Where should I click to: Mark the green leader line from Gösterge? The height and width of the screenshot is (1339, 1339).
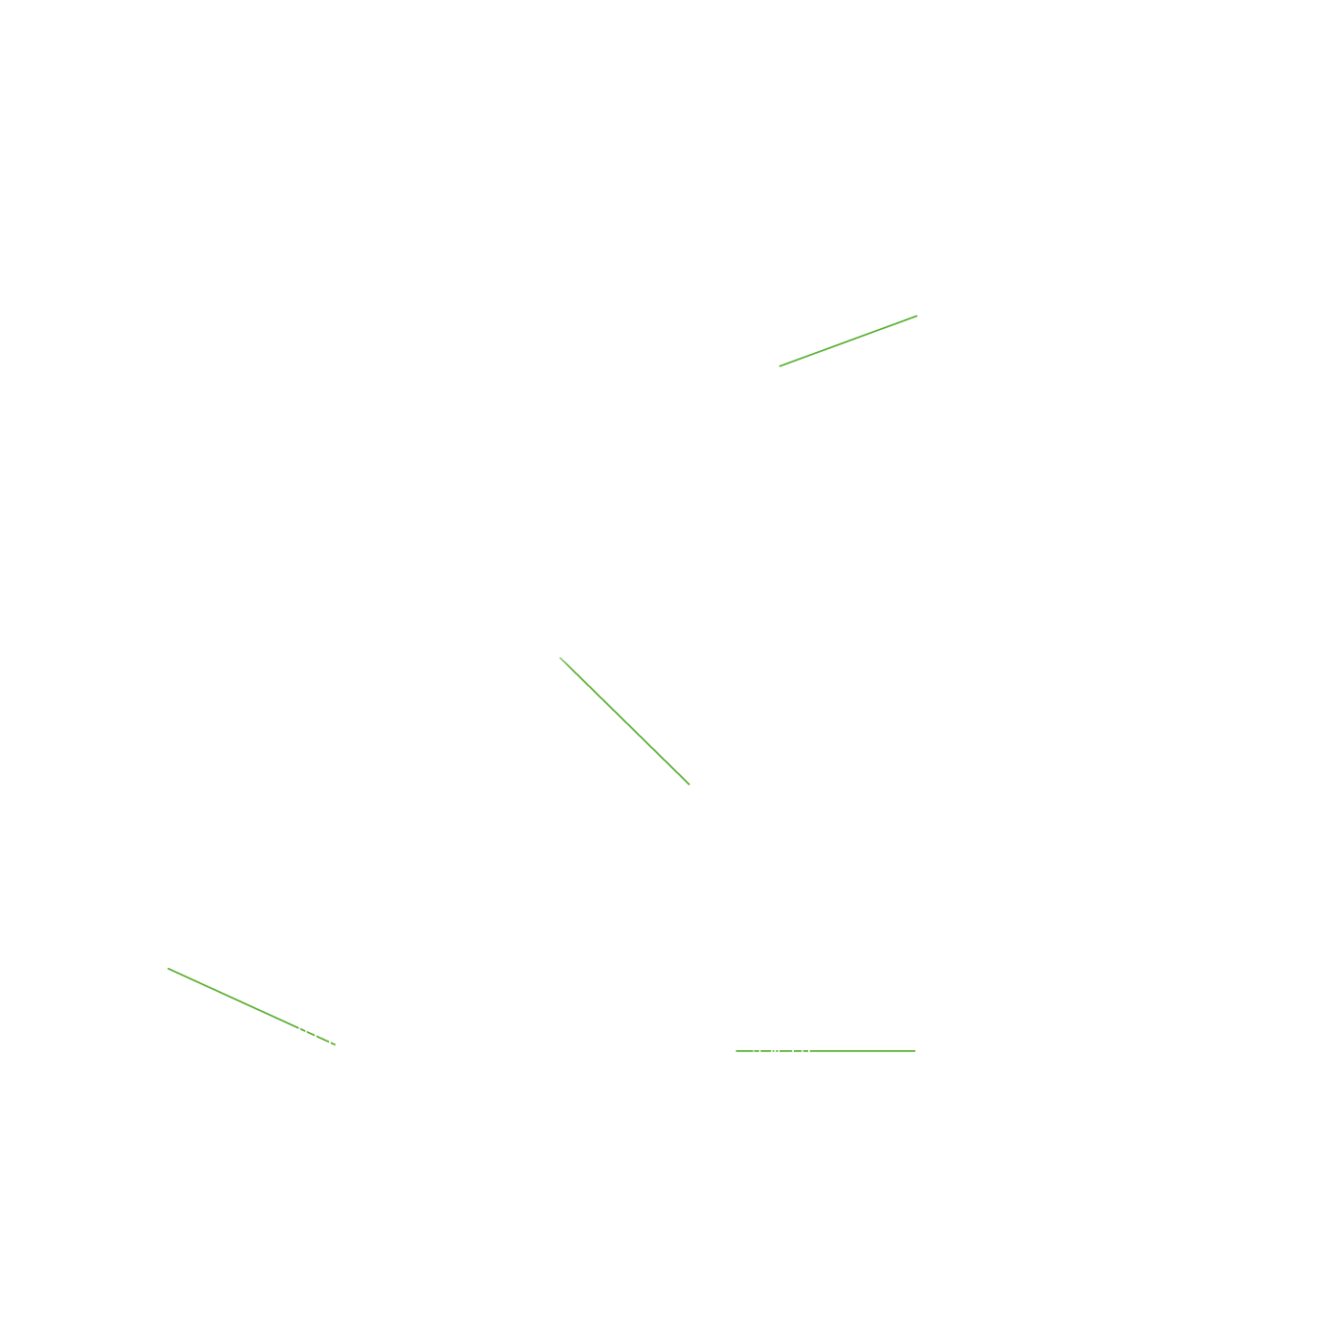click(x=251, y=1006)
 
